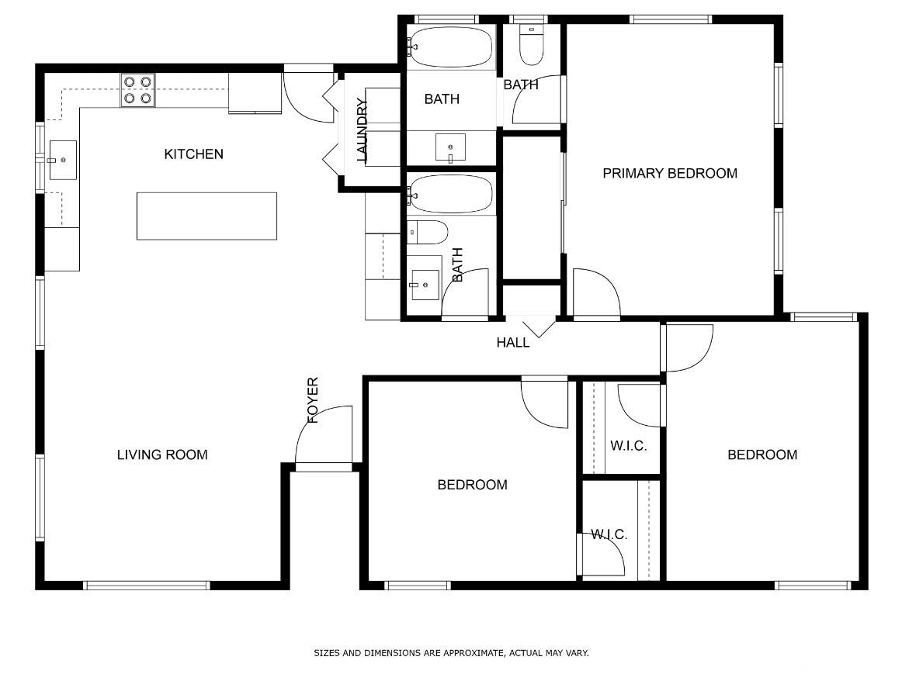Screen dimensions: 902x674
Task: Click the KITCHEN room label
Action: (194, 154)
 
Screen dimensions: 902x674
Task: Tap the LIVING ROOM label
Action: (162, 455)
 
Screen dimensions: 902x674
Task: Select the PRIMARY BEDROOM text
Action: (670, 173)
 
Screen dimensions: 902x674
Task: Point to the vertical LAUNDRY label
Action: (362, 130)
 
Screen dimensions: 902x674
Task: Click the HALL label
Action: (512, 343)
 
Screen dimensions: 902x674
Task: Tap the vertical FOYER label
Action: (312, 400)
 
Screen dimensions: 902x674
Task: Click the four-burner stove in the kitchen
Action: (138, 90)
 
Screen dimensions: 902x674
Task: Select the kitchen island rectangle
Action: (206, 216)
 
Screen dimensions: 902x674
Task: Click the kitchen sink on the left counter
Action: (62, 160)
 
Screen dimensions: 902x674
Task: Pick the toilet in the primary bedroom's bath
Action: (531, 44)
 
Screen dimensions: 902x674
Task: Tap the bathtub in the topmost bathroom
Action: (451, 47)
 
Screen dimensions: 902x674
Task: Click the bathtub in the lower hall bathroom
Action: (451, 194)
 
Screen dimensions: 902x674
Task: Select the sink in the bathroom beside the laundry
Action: (450, 148)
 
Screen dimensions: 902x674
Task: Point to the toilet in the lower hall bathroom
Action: (428, 232)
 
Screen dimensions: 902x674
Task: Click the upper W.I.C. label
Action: (628, 446)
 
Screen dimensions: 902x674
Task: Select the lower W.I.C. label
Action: (609, 534)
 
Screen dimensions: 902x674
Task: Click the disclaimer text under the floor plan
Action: (451, 653)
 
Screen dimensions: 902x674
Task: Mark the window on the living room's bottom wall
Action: (147, 586)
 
